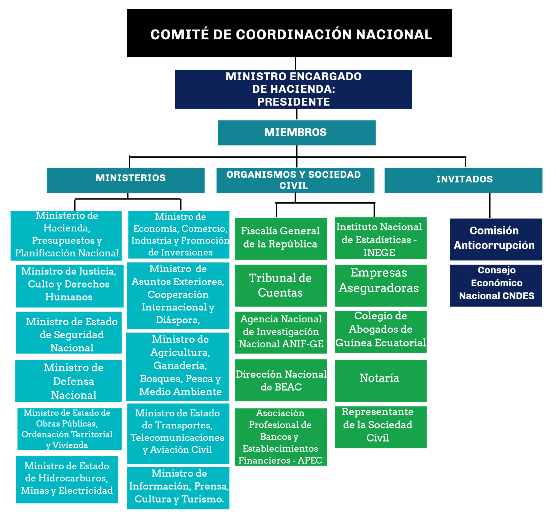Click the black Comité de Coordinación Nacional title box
click(x=289, y=33)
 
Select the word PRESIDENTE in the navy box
click(x=293, y=102)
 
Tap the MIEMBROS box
click(x=297, y=133)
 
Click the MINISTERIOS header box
click(x=126, y=180)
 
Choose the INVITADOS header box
click(x=463, y=180)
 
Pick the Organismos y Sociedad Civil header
click(x=295, y=180)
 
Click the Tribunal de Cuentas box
click(x=281, y=286)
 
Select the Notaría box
click(x=381, y=381)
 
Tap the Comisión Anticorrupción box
click(x=496, y=239)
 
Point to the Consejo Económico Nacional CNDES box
click(x=496, y=286)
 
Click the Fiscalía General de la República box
click(x=281, y=239)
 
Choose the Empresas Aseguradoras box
click(x=381, y=286)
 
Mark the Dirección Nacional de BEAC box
click(x=281, y=380)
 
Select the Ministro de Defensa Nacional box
click(x=68, y=381)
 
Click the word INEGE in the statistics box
click(x=379, y=253)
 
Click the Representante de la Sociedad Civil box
click(x=381, y=427)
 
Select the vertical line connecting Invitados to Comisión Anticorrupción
click(x=490, y=205)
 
